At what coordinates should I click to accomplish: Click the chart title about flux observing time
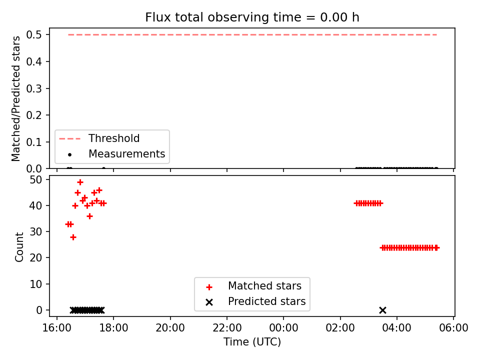tap(252, 17)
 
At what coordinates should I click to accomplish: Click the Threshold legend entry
tap(99, 138)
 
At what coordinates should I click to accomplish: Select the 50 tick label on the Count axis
tap(35, 179)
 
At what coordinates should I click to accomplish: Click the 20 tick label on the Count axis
tap(35, 258)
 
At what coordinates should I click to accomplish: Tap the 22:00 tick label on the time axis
tap(227, 328)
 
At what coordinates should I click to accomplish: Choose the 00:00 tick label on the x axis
tap(283, 328)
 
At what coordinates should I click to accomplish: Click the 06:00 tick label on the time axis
tap(453, 328)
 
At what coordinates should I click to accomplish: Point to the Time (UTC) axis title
tap(252, 341)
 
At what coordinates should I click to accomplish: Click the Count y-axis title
tap(19, 246)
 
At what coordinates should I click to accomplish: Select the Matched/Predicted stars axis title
tap(15, 98)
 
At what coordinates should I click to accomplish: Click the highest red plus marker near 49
tap(80, 182)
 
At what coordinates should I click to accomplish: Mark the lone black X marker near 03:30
tap(382, 310)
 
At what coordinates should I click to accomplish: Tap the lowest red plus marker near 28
tap(73, 237)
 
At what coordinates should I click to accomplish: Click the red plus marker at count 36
tap(89, 216)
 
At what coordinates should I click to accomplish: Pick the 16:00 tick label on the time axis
tap(56, 328)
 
